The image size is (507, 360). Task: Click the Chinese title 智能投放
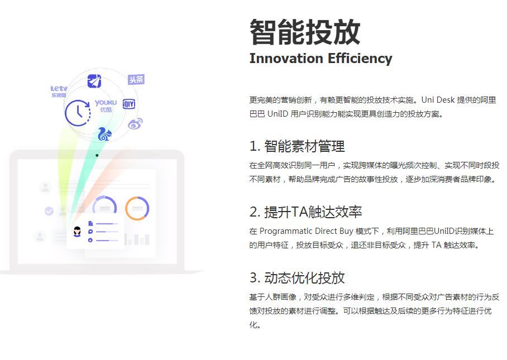305,32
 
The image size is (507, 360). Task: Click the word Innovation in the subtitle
286,59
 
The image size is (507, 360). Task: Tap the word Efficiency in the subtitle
360,59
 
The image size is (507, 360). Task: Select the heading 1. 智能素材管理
297,146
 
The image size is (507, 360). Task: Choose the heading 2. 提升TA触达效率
306,212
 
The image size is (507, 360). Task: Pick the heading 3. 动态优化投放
297,277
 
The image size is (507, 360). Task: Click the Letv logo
59,91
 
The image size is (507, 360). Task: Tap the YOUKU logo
106,105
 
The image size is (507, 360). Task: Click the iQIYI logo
129,104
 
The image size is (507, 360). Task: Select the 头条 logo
136,79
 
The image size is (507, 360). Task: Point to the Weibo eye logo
135,123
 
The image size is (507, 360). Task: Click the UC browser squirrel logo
104,134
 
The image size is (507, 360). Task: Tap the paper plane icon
94,81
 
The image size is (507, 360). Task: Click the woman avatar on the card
77,232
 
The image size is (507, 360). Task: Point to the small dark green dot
97,155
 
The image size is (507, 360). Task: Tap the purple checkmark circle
49,211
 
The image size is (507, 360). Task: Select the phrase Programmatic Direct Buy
307,232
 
